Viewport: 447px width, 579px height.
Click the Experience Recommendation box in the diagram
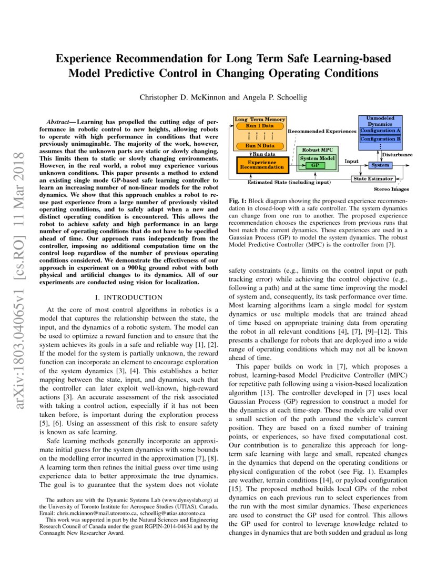262,165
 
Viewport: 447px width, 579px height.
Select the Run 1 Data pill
260,127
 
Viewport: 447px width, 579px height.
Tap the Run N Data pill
260,145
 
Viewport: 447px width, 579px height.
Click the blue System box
380,165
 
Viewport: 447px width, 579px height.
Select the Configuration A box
380,130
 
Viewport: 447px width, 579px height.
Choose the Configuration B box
380,139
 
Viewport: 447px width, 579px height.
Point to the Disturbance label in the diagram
397,155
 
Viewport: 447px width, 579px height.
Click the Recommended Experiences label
322,131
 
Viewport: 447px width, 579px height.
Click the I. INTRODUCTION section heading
127,297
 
